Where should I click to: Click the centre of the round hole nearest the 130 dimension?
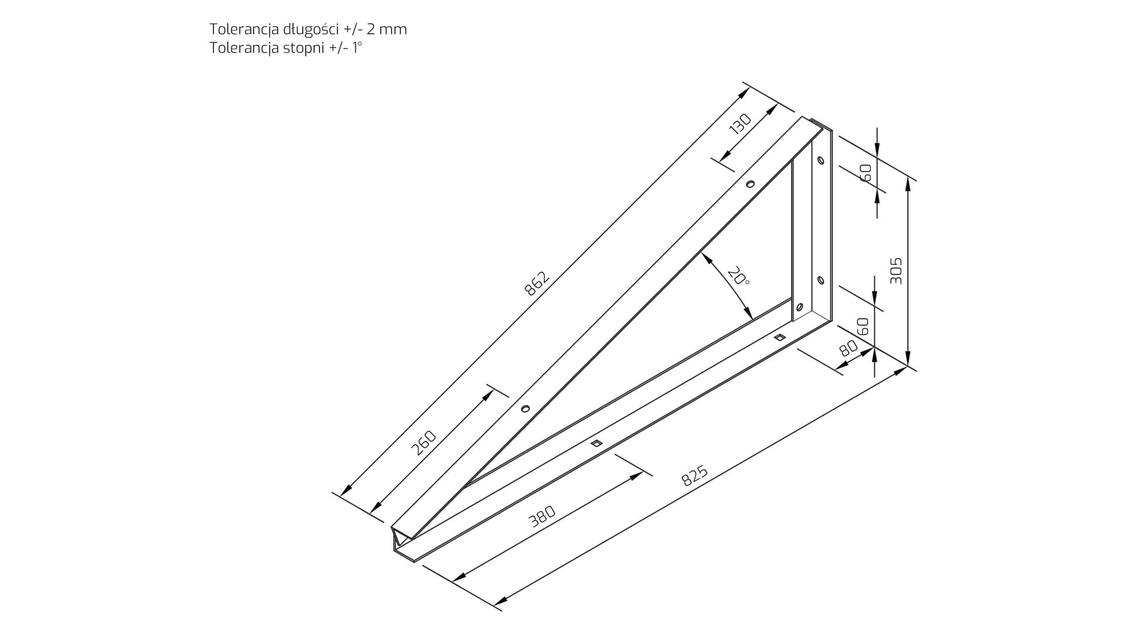coord(749,184)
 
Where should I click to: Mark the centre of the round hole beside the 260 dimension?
coord(525,409)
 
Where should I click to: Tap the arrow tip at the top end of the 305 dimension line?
coord(908,178)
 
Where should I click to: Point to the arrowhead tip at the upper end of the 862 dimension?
coord(749,88)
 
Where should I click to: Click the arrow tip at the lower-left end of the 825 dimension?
coord(494,605)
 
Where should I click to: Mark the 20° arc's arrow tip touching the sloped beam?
coord(701,253)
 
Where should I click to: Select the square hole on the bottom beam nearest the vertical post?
coord(779,337)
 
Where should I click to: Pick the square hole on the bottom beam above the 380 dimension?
coord(596,443)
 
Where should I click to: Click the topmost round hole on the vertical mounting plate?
coord(820,160)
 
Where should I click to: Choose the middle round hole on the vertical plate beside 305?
coord(820,281)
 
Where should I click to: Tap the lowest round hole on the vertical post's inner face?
coord(799,306)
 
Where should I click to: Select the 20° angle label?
coord(738,276)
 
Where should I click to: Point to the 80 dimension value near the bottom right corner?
coord(848,349)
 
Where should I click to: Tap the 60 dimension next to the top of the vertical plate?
coord(866,172)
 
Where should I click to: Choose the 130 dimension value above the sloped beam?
coord(740,125)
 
